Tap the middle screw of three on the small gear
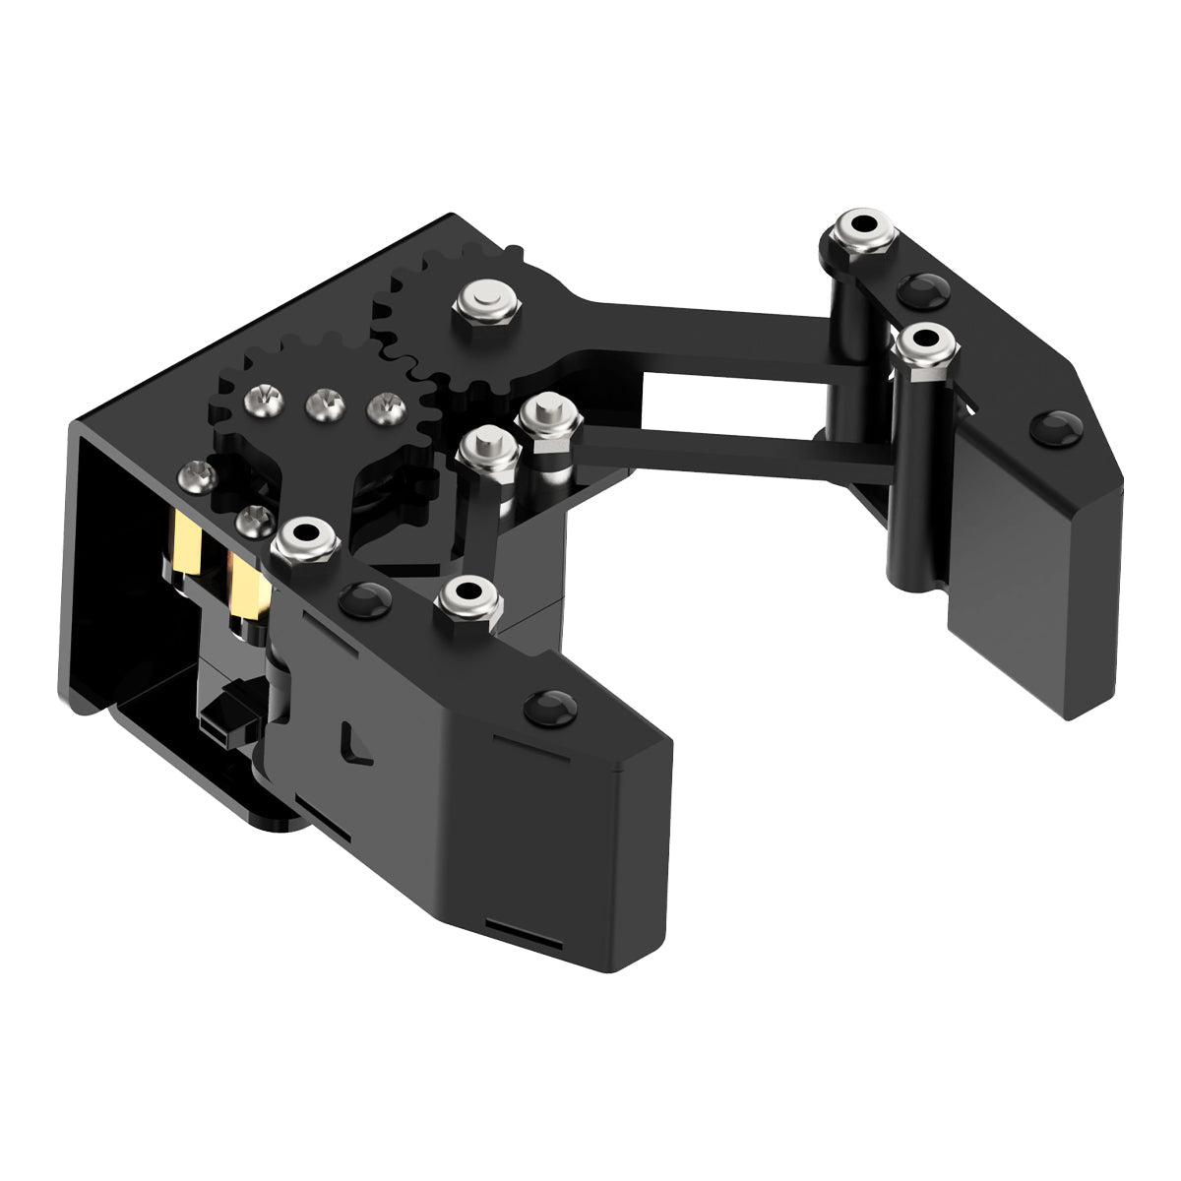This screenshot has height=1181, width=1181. pos(322,402)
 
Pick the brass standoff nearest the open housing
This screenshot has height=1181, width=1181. pos(184,546)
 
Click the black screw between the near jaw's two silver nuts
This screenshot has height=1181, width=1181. pos(365,595)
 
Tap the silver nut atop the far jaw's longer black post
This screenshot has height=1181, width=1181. pos(925,344)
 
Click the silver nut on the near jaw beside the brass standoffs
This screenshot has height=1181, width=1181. pos(305,540)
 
